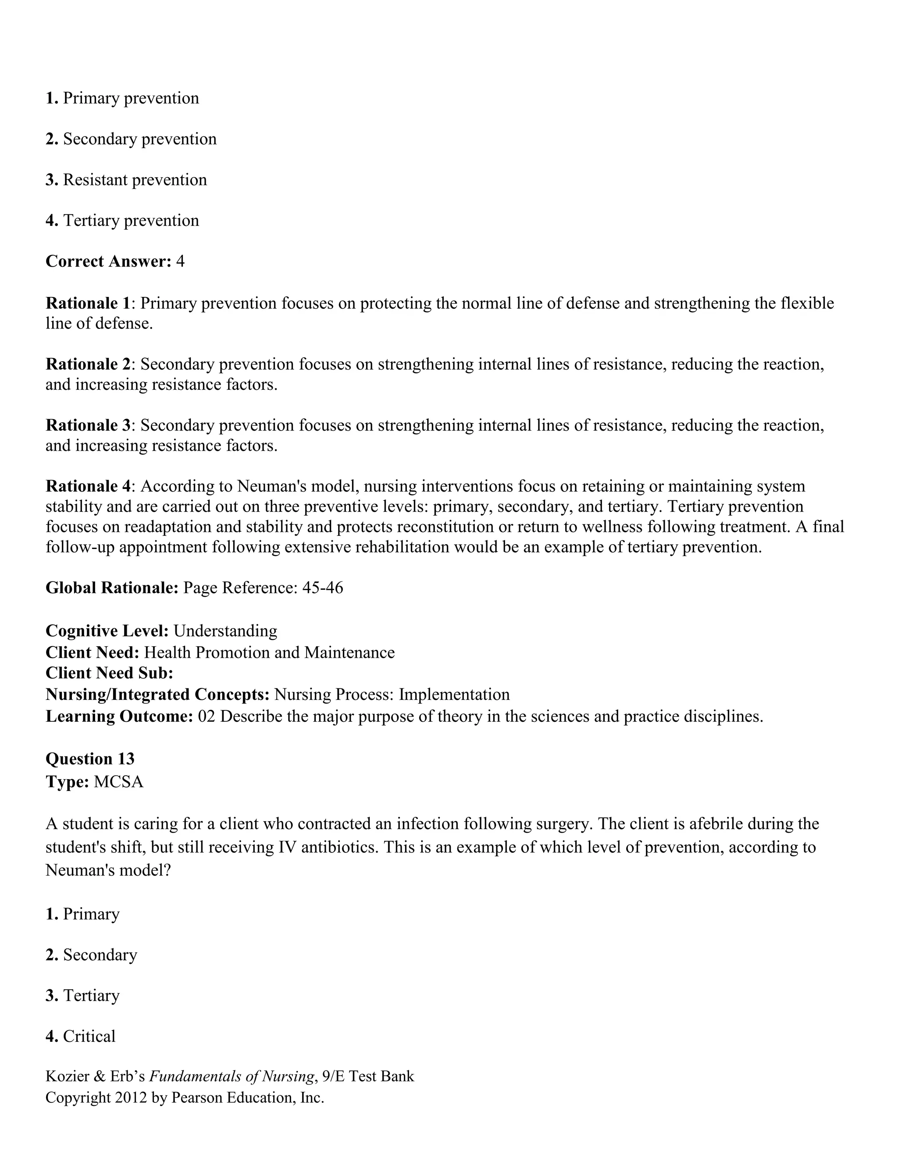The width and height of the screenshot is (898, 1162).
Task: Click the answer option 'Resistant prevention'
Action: pos(134,180)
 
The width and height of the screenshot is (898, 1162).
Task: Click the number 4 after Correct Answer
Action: pos(180,261)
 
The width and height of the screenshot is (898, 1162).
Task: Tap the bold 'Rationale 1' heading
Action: pos(88,303)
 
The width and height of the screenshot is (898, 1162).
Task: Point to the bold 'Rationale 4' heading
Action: pos(88,486)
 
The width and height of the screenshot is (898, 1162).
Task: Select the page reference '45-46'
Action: pos(322,588)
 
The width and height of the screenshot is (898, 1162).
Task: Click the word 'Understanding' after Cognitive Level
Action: pos(225,631)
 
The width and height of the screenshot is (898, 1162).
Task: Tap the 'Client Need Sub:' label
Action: pos(109,674)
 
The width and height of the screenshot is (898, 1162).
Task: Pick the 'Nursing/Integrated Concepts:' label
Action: pos(157,695)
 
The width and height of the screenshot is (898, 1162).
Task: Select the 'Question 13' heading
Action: pos(90,759)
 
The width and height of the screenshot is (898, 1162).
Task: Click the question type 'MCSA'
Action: pos(118,782)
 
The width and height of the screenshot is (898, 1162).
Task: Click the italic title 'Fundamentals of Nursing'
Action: pos(232,1077)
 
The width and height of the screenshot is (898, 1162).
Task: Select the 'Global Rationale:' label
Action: pos(112,588)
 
